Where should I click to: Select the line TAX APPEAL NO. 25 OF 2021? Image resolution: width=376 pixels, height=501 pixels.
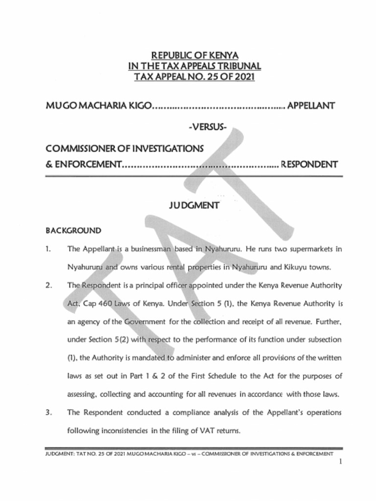pos(194,77)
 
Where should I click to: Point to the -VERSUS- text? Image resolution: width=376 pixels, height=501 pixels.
pos(208,128)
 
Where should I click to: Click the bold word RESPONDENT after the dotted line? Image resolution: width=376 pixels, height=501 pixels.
pos(309,164)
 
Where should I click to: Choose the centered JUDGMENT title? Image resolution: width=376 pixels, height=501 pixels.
pos(194,205)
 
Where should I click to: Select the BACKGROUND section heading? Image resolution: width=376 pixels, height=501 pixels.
pos(73,230)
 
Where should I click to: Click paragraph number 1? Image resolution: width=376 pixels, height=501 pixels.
pos(48,249)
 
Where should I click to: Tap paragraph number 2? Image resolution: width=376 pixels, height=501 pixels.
pos(48,285)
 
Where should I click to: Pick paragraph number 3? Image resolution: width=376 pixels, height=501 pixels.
pos(48,412)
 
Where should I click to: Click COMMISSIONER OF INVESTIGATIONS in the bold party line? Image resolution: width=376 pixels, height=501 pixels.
pos(125,147)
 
